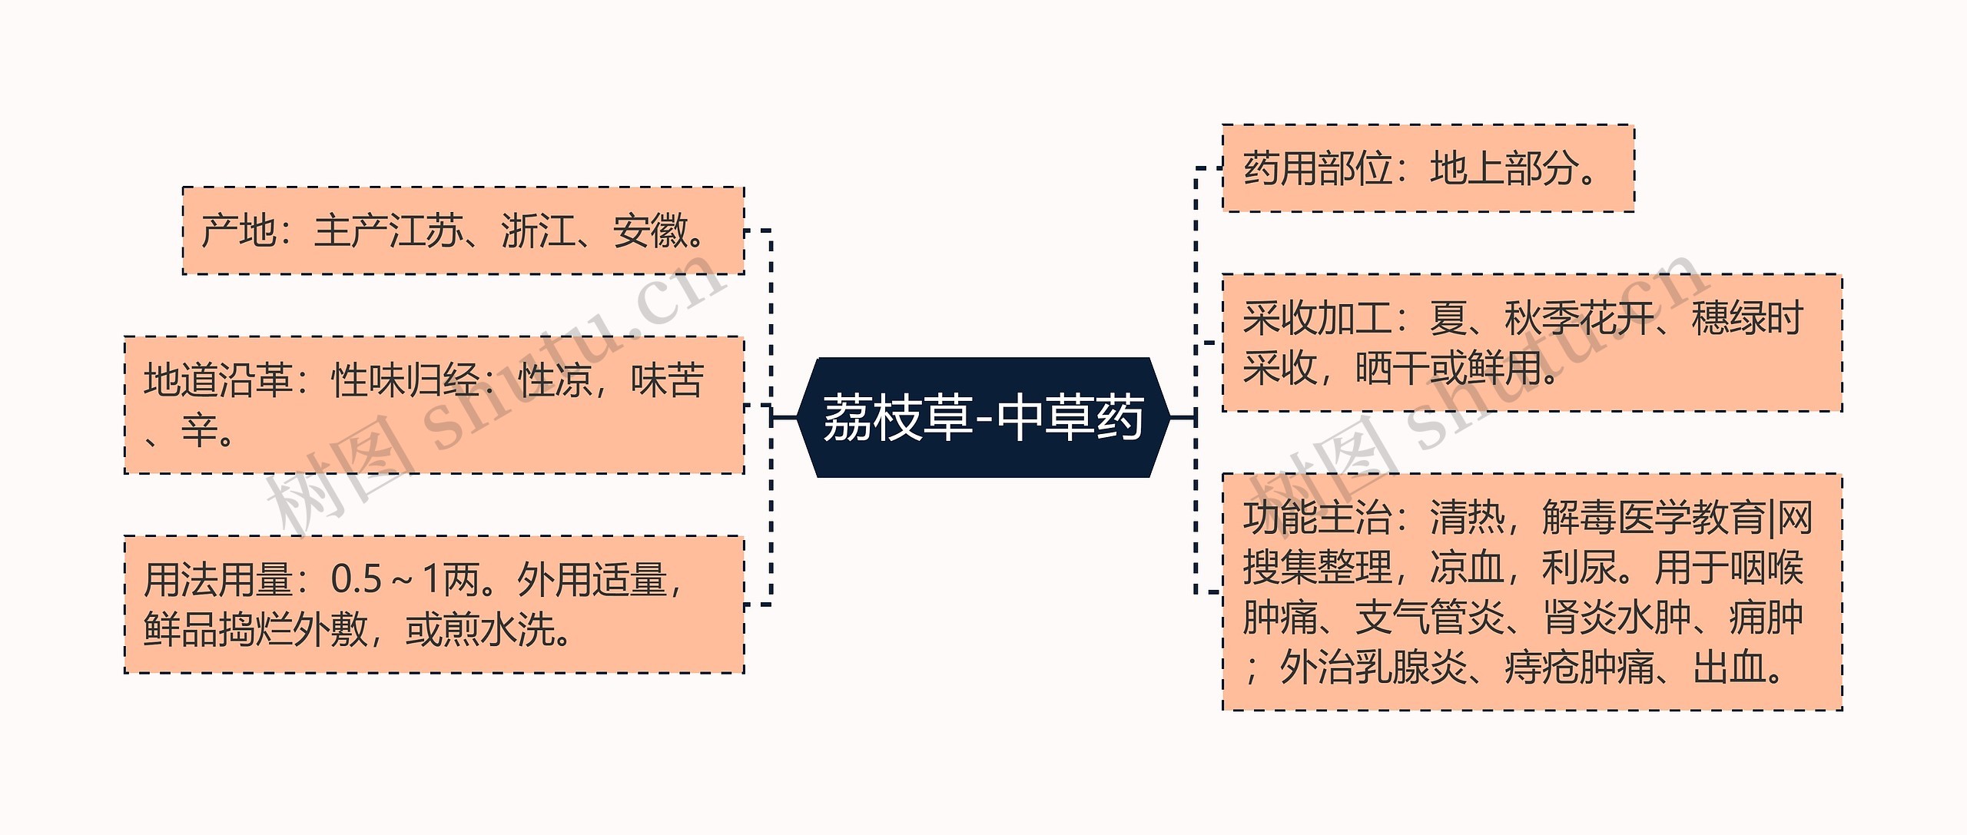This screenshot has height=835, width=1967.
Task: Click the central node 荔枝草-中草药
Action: click(x=983, y=417)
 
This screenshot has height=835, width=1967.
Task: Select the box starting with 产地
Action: click(x=463, y=230)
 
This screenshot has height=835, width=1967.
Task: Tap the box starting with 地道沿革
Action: click(x=434, y=405)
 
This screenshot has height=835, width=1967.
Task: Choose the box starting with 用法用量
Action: click(x=434, y=605)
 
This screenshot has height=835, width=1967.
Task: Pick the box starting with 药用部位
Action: click(x=1428, y=168)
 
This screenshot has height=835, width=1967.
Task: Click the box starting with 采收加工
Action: click(x=1532, y=343)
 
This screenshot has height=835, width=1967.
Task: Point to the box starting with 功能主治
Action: click(x=1532, y=592)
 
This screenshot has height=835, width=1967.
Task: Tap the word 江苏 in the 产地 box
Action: click(x=426, y=231)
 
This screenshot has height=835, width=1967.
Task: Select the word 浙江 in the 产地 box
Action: click(x=538, y=231)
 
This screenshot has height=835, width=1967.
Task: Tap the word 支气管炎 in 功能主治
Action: click(x=1429, y=618)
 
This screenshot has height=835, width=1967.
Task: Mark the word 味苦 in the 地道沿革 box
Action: click(x=667, y=380)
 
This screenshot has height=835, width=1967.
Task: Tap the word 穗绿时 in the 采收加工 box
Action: click(x=1746, y=318)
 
